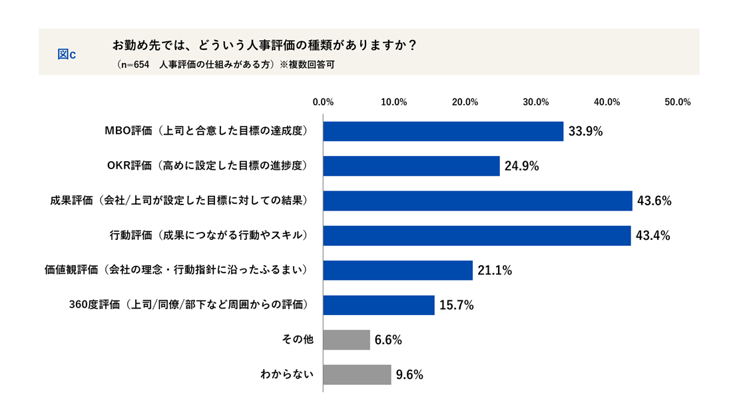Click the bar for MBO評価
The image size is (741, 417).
pyautogui.click(x=443, y=131)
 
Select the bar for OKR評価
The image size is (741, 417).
pyautogui.click(x=411, y=166)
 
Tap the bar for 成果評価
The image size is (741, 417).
pyautogui.click(x=477, y=201)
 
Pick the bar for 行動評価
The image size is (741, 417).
pyautogui.click(x=477, y=235)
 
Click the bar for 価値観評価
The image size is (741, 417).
pyautogui.click(x=397, y=270)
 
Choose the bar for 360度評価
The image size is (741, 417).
pyautogui.click(x=378, y=305)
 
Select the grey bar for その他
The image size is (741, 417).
pyautogui.click(x=346, y=340)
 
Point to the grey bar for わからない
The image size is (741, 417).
pyautogui.click(x=357, y=374)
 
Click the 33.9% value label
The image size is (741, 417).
pyautogui.click(x=585, y=132)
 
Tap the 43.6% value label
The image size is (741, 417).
pyautogui.click(x=654, y=201)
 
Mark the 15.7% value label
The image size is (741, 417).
pyautogui.click(x=456, y=306)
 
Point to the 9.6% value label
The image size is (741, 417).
pyautogui.click(x=409, y=375)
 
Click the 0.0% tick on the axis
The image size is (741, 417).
pyautogui.click(x=323, y=102)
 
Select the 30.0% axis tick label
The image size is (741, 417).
pyautogui.click(x=536, y=102)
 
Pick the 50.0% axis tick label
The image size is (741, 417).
pyautogui.click(x=678, y=102)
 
